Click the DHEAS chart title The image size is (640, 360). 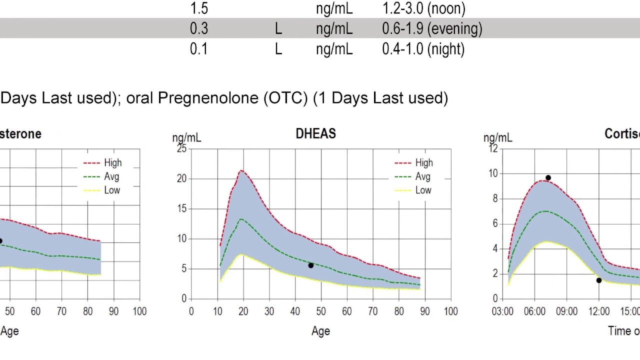315,134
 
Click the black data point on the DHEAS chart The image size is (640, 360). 311,265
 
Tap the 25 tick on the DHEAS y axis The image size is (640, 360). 181,148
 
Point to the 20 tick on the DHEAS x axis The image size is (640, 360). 243,311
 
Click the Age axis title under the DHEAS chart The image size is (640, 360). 320,331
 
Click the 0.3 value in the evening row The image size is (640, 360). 199,28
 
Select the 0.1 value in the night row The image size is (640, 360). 199,49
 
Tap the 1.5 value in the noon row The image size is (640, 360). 199,8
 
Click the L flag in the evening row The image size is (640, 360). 278,28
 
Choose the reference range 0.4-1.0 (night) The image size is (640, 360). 423,49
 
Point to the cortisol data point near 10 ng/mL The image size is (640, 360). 548,178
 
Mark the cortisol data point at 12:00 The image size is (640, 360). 599,280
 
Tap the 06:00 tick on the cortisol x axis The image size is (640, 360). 534,311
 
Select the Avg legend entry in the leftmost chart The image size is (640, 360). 111,176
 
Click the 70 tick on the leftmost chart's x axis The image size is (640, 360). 61,311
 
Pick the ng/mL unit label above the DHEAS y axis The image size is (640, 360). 186,137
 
